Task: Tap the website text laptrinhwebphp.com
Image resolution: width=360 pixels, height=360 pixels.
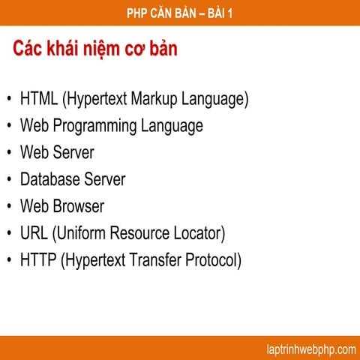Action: click(x=310, y=349)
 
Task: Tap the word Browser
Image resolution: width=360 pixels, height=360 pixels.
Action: click(x=78, y=206)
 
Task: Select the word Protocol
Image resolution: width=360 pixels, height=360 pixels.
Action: click(x=213, y=260)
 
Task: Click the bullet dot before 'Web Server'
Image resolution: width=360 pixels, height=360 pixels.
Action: click(x=8, y=153)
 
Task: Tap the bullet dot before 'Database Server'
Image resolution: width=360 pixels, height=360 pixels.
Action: click(x=8, y=180)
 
